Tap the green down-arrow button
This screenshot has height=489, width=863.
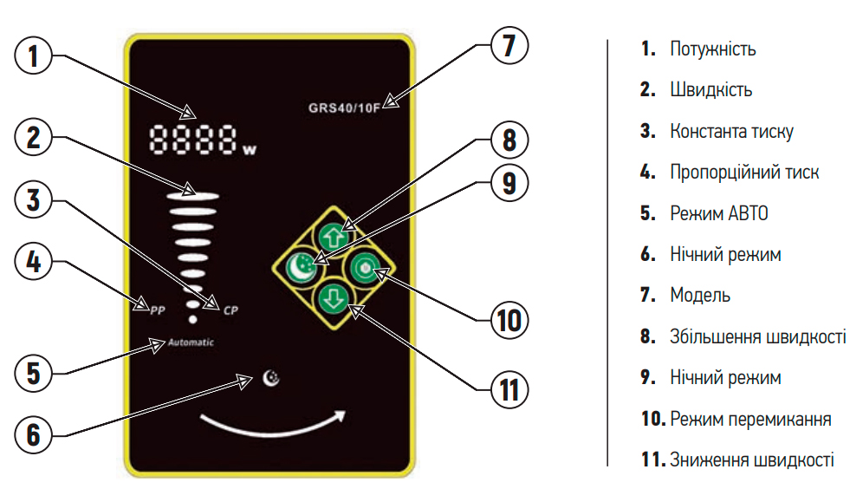pyautogui.click(x=334, y=300)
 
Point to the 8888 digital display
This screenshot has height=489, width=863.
pyautogui.click(x=194, y=141)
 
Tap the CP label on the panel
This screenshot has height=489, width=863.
pyautogui.click(x=230, y=310)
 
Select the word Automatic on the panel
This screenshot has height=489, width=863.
pyautogui.click(x=191, y=342)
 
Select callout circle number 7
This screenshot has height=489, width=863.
pyautogui.click(x=509, y=45)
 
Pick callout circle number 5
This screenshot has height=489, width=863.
pyautogui.click(x=33, y=374)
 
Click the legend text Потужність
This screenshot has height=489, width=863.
pyautogui.click(x=712, y=49)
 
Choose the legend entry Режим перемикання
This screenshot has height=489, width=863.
pyautogui.click(x=750, y=419)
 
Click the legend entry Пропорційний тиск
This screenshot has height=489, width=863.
pyautogui.click(x=744, y=172)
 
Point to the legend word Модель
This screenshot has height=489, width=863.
pyautogui.click(x=700, y=296)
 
